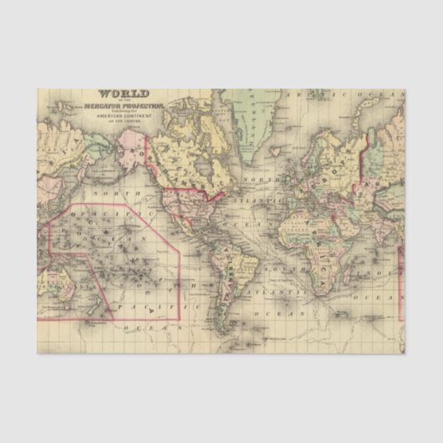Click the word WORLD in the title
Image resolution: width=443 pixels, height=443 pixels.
pyautogui.click(x=124, y=94)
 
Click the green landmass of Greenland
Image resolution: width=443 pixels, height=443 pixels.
pyautogui.click(x=247, y=117)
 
